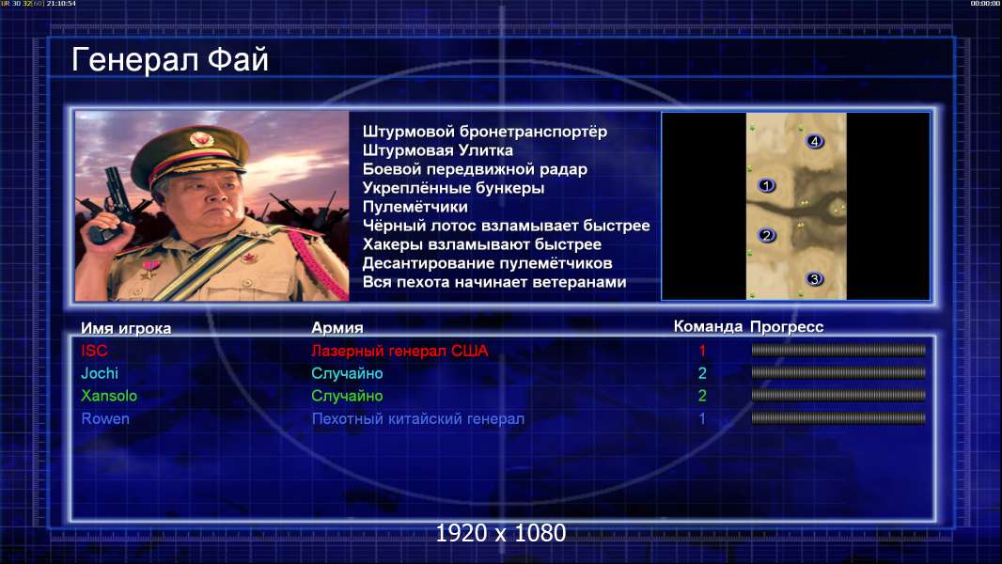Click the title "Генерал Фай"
pos(169,60)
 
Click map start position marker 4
pos(814,141)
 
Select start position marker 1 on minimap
pos(766,186)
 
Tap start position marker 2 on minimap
pos(767,236)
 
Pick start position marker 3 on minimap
pos(814,279)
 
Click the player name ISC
pos(95,351)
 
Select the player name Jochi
pos(100,373)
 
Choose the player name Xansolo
pos(109,396)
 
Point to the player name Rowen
pos(105,419)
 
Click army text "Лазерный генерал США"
pos(399,351)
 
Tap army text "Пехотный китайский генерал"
pos(418,419)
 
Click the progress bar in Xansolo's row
pos(838,396)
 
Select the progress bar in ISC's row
pos(838,350)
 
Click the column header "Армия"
pos(337,328)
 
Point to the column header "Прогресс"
pos(787,327)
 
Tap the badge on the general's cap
pos(200,138)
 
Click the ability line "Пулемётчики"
pos(415,207)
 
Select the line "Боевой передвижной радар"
pos(475,169)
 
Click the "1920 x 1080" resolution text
pos(501,533)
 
